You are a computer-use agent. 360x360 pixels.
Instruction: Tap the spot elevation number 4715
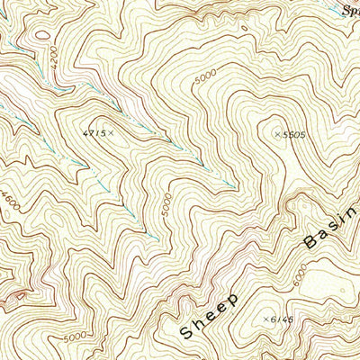93,133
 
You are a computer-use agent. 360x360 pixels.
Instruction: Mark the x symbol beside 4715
113,133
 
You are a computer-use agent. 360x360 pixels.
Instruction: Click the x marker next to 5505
275,134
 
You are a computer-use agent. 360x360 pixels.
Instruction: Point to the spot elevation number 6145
282,319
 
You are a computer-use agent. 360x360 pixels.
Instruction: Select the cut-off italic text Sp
352,9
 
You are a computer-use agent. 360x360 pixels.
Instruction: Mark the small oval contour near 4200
41,36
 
